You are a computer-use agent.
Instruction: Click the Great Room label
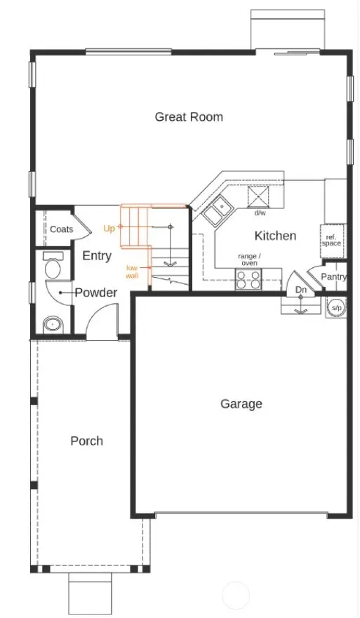click(189, 116)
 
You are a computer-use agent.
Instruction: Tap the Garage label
click(241, 403)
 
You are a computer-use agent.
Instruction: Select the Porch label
click(86, 441)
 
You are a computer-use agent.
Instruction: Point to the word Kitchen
click(275, 236)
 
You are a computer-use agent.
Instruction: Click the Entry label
click(97, 256)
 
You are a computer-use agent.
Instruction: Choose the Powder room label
click(96, 293)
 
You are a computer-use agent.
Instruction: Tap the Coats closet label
click(61, 229)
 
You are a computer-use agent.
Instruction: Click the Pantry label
click(334, 277)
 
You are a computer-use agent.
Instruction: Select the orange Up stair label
click(109, 228)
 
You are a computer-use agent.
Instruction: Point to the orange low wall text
click(132, 272)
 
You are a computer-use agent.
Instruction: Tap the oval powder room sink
click(52, 324)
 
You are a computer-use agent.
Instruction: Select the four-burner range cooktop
click(248, 279)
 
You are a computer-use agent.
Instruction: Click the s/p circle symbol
click(336, 307)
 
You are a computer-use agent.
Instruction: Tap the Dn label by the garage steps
click(300, 290)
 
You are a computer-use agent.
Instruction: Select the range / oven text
click(248, 260)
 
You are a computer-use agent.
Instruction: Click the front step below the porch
click(91, 593)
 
